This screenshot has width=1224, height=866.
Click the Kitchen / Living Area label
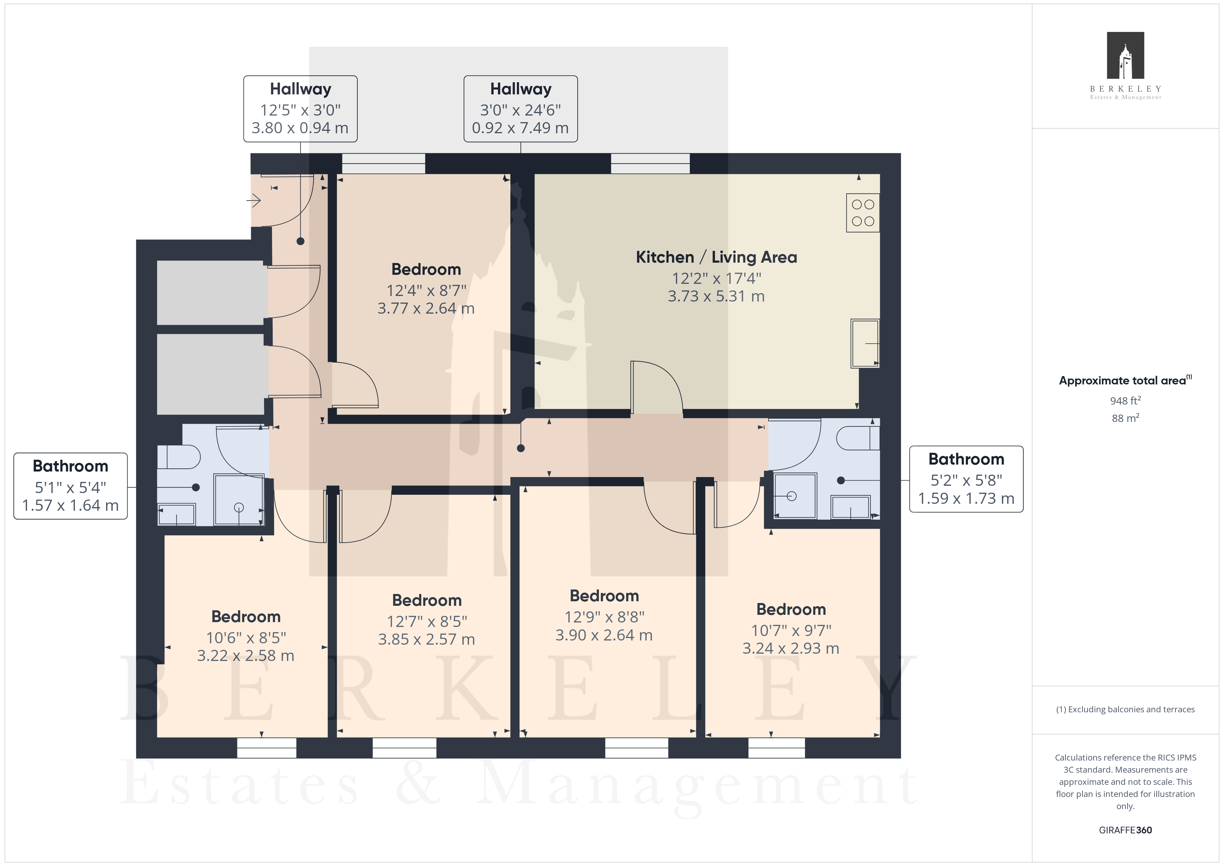coord(716,257)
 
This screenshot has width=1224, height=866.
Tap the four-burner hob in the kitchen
coord(862,213)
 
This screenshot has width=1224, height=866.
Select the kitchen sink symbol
coord(865,343)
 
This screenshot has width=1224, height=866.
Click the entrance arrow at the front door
coord(253,201)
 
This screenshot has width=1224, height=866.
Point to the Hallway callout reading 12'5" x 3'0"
coord(300,109)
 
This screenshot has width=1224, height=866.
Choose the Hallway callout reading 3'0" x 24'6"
coord(520,109)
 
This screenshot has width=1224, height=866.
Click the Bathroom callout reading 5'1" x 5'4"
coord(70,486)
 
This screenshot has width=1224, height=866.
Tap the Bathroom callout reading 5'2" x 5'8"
coord(966,479)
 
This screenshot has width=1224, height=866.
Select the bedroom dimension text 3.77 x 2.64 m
coord(426,308)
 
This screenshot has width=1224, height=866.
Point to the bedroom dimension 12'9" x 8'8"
coord(604,617)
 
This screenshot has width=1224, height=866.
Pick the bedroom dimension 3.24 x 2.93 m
coord(791,648)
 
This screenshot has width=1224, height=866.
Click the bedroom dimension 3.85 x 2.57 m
coord(426,639)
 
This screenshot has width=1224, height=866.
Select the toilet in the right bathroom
coord(858,438)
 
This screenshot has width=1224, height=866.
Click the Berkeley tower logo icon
coord(1125,56)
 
